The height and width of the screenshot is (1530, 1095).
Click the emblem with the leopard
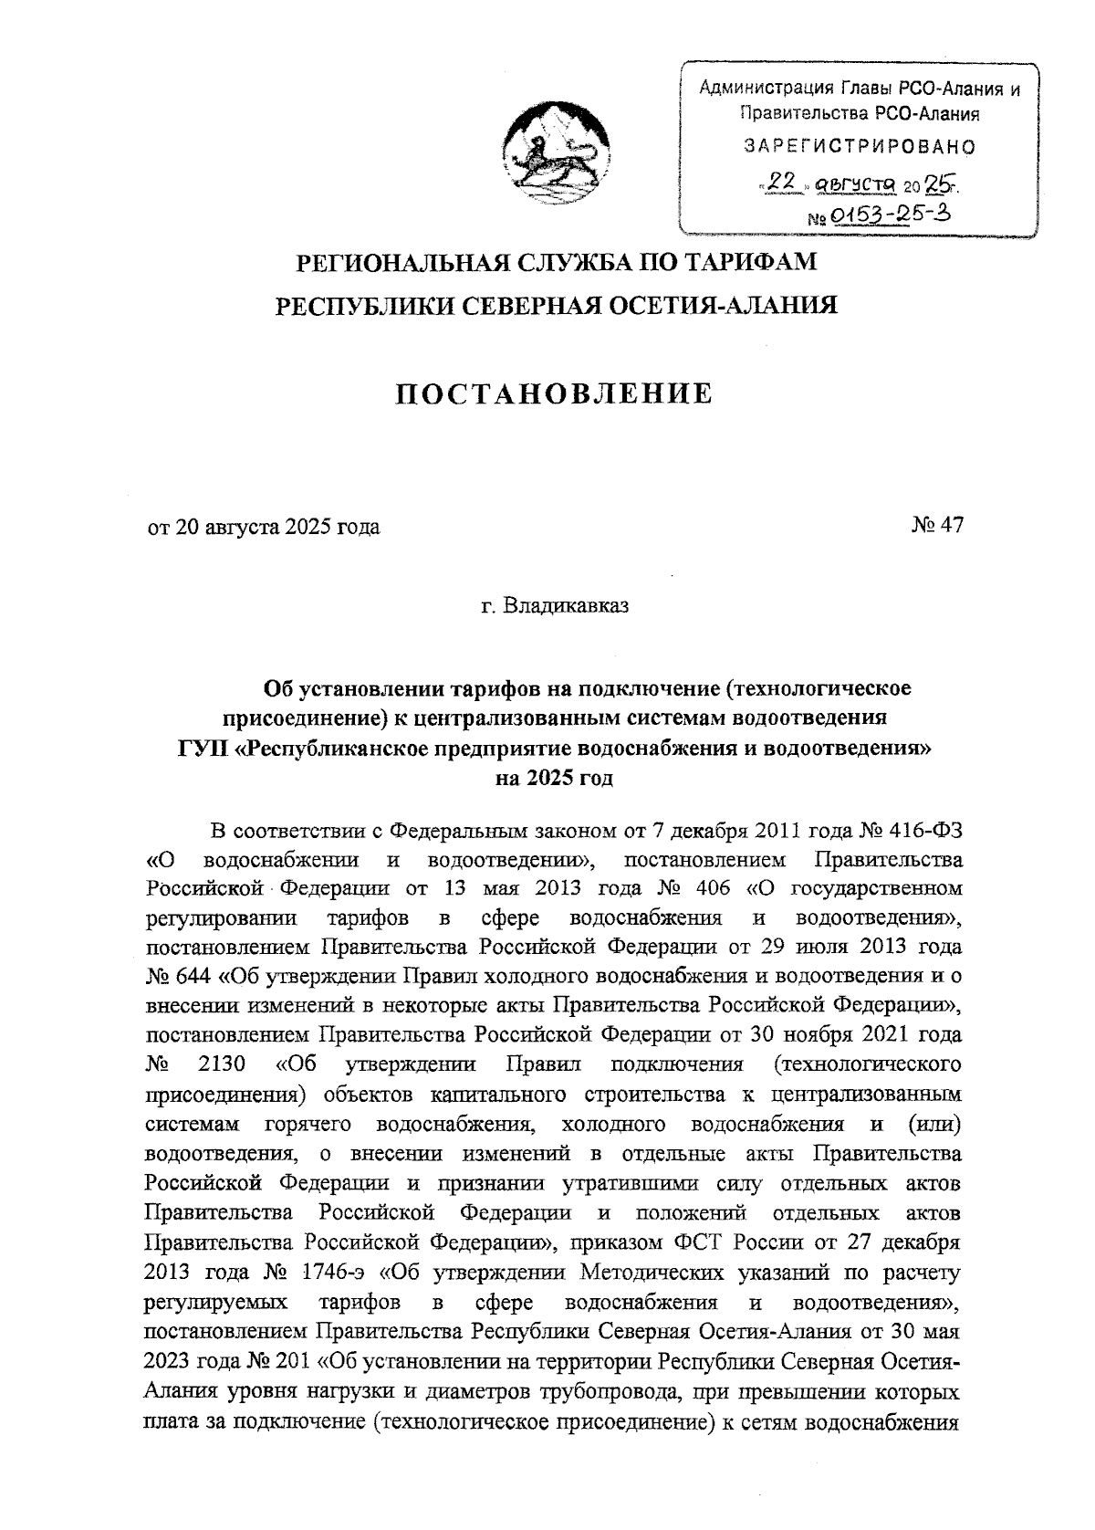(x=555, y=150)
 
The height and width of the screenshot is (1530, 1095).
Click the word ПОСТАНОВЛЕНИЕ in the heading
(x=554, y=394)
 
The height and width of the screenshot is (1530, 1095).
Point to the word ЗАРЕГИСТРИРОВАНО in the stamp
(x=860, y=146)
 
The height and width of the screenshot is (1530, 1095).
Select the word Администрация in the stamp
(x=754, y=89)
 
